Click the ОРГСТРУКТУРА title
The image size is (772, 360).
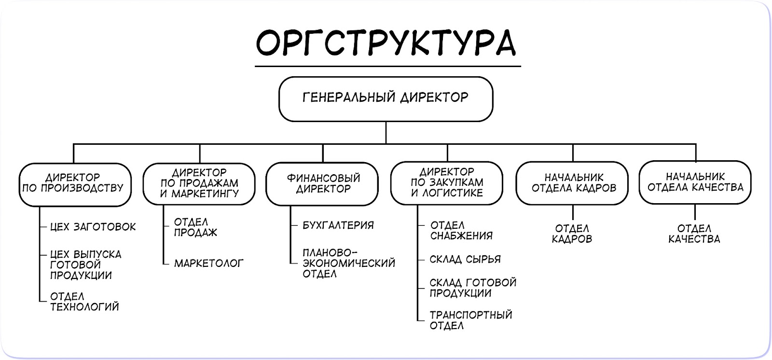pos(386,42)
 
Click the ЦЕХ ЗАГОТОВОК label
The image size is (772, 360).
pos(93,227)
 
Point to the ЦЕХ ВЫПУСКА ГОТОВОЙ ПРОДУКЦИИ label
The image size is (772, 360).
pos(85,265)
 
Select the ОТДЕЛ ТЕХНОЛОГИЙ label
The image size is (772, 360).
pos(84,302)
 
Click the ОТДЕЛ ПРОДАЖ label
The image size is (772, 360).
pos(195,227)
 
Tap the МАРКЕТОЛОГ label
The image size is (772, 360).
pos(208,263)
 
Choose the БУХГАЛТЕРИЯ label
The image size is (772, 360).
pos(338,225)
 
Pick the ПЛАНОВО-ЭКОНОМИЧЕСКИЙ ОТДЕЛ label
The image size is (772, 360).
pos(348,263)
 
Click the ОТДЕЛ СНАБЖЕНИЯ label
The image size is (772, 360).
pos(461,231)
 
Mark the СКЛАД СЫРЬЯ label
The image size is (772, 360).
pos(465,260)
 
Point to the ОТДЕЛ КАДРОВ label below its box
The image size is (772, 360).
pos(572,234)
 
